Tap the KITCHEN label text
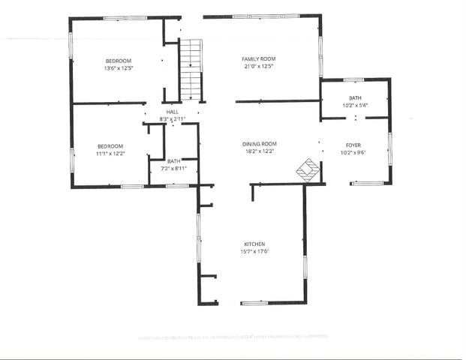254,244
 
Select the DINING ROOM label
260,143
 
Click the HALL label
172,112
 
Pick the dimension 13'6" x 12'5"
118,68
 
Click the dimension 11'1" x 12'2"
110,153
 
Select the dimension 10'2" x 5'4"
355,105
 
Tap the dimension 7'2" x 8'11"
173,168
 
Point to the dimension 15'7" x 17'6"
254,251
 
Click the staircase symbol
191,70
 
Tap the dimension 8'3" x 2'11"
172,119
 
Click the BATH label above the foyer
355,98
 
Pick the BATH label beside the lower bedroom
173,161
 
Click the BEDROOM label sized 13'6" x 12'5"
118,61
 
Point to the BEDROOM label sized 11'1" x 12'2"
110,145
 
